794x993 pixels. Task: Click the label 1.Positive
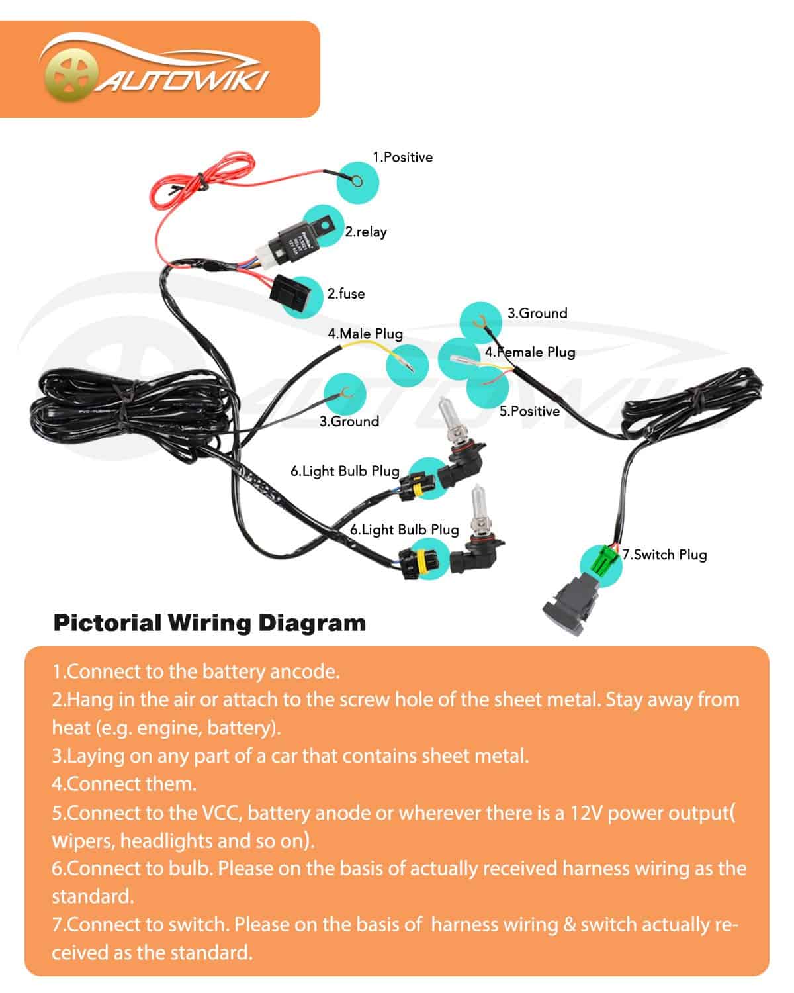pyautogui.click(x=402, y=157)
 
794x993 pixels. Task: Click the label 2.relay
pyautogui.click(x=365, y=232)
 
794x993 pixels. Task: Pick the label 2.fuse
pyautogui.click(x=346, y=293)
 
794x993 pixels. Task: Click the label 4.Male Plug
pyautogui.click(x=365, y=334)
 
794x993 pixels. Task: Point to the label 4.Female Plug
pyautogui.click(x=530, y=352)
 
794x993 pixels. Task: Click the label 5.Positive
pyautogui.click(x=529, y=411)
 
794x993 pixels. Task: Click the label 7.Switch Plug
pyautogui.click(x=664, y=555)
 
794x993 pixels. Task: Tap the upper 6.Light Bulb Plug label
pyautogui.click(x=345, y=471)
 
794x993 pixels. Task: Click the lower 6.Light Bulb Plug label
pyautogui.click(x=404, y=530)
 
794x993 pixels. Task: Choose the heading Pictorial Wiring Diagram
pyautogui.click(x=209, y=623)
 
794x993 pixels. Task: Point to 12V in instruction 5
pyautogui.click(x=586, y=812)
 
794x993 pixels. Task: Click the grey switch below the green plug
pyautogui.click(x=570, y=603)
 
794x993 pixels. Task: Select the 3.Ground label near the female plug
pyautogui.click(x=537, y=313)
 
